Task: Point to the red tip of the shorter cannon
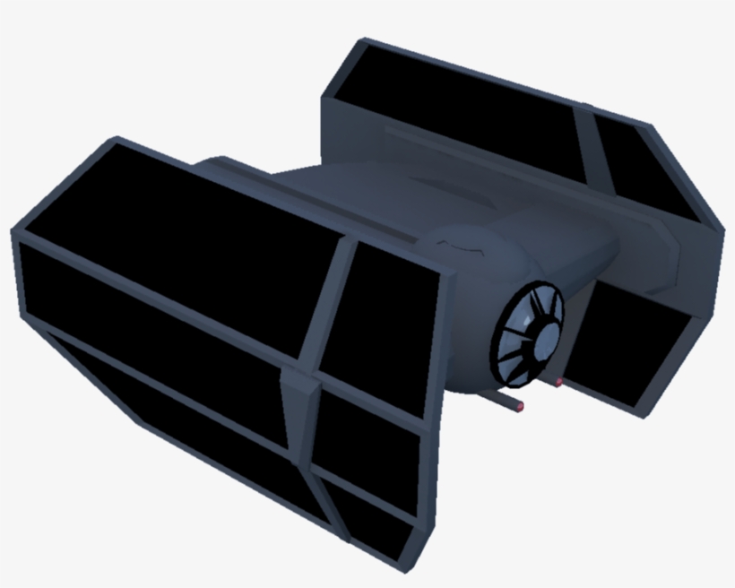[x=558, y=383]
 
